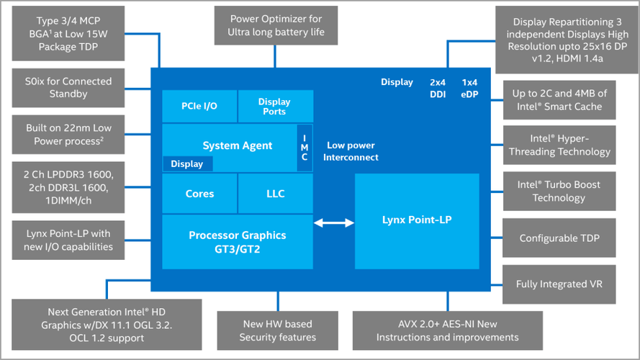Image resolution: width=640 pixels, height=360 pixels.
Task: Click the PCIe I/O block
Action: (x=199, y=107)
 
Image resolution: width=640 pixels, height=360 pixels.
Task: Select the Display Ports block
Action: (x=274, y=107)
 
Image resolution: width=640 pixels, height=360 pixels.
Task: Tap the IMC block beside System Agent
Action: (x=305, y=148)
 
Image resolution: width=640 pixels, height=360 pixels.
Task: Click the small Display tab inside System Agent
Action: (x=186, y=164)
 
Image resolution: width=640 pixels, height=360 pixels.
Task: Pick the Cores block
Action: (x=199, y=194)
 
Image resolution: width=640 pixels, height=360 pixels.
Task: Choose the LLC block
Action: (x=275, y=194)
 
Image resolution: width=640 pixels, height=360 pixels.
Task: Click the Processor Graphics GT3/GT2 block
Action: (x=238, y=240)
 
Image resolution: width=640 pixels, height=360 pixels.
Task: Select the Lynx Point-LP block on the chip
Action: (x=417, y=220)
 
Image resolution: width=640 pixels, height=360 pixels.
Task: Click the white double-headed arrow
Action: (x=334, y=224)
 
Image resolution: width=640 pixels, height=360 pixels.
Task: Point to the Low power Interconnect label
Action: (x=352, y=151)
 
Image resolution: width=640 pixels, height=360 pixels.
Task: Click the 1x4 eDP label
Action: (x=470, y=88)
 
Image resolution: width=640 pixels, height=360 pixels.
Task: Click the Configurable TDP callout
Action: (x=559, y=238)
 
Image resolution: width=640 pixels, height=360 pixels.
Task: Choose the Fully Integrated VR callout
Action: (x=559, y=284)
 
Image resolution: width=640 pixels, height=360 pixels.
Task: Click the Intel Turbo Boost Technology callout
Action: (x=559, y=191)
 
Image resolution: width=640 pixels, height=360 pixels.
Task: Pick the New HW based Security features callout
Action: (x=277, y=330)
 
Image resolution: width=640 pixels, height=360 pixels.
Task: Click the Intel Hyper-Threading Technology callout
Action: (x=559, y=145)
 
